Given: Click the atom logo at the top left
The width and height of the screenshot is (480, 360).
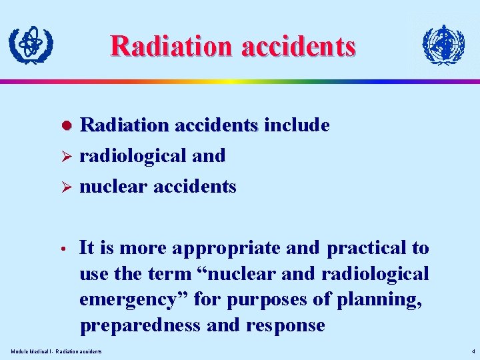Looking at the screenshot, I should click(x=31, y=45).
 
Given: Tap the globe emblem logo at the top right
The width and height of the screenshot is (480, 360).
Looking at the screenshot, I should click(x=443, y=45).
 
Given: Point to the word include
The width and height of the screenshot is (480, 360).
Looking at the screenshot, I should click(x=297, y=125).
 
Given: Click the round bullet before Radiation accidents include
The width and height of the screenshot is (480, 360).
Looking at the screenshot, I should click(x=66, y=126).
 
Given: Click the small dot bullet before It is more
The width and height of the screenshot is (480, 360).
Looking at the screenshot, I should click(x=66, y=249).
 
